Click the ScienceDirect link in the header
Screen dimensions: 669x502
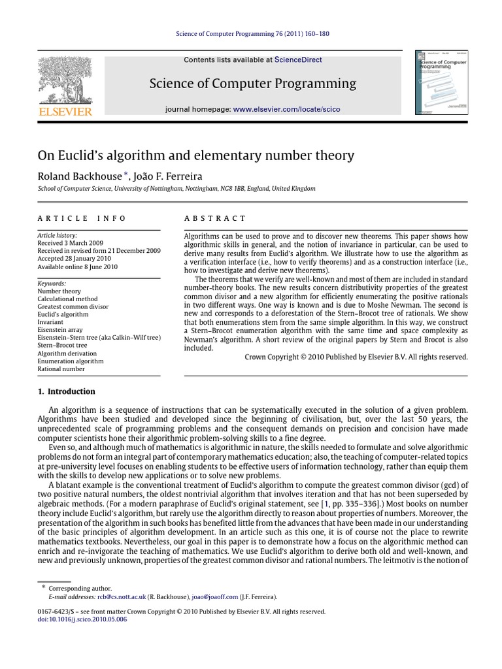298,59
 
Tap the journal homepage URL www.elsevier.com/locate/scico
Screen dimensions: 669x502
286,109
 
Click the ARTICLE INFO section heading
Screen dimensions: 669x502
82,218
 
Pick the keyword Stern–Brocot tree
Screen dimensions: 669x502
62,346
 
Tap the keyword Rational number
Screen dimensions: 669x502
61,369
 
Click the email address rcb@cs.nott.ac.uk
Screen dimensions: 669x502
118,597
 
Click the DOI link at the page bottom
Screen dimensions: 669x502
82,619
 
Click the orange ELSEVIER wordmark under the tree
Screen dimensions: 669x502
64,112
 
